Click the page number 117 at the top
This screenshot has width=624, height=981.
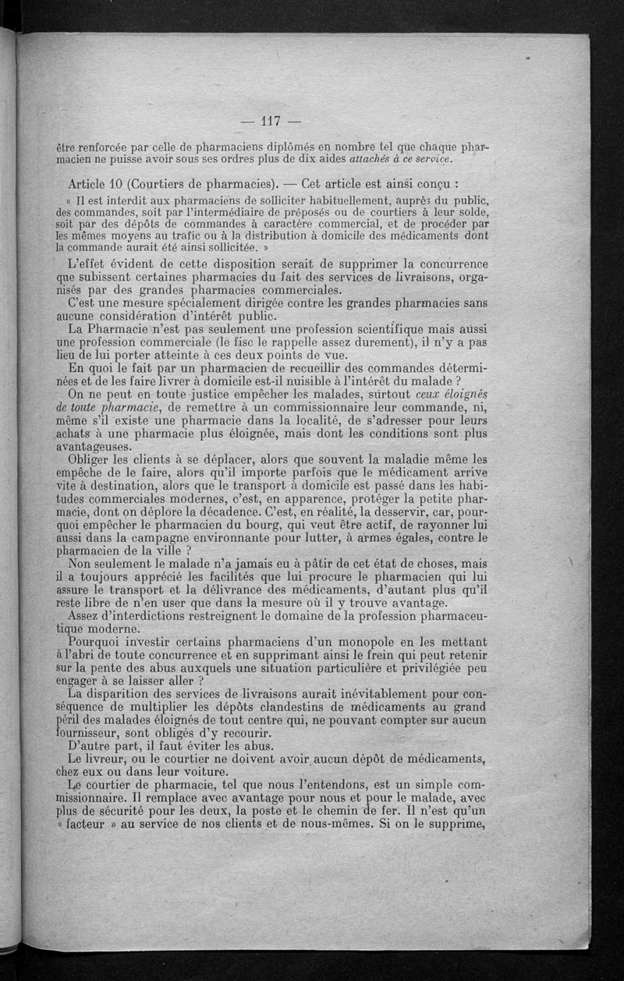tap(271, 121)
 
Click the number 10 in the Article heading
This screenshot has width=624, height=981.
tap(115, 185)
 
